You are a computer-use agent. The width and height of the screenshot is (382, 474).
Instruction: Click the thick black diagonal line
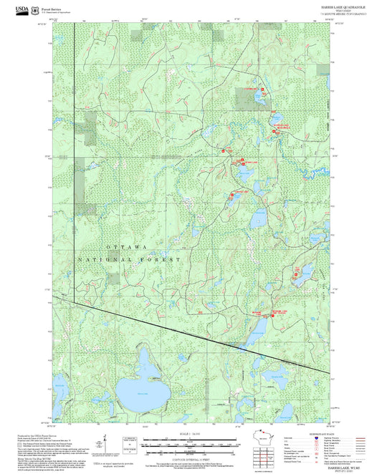coord(186,331)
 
